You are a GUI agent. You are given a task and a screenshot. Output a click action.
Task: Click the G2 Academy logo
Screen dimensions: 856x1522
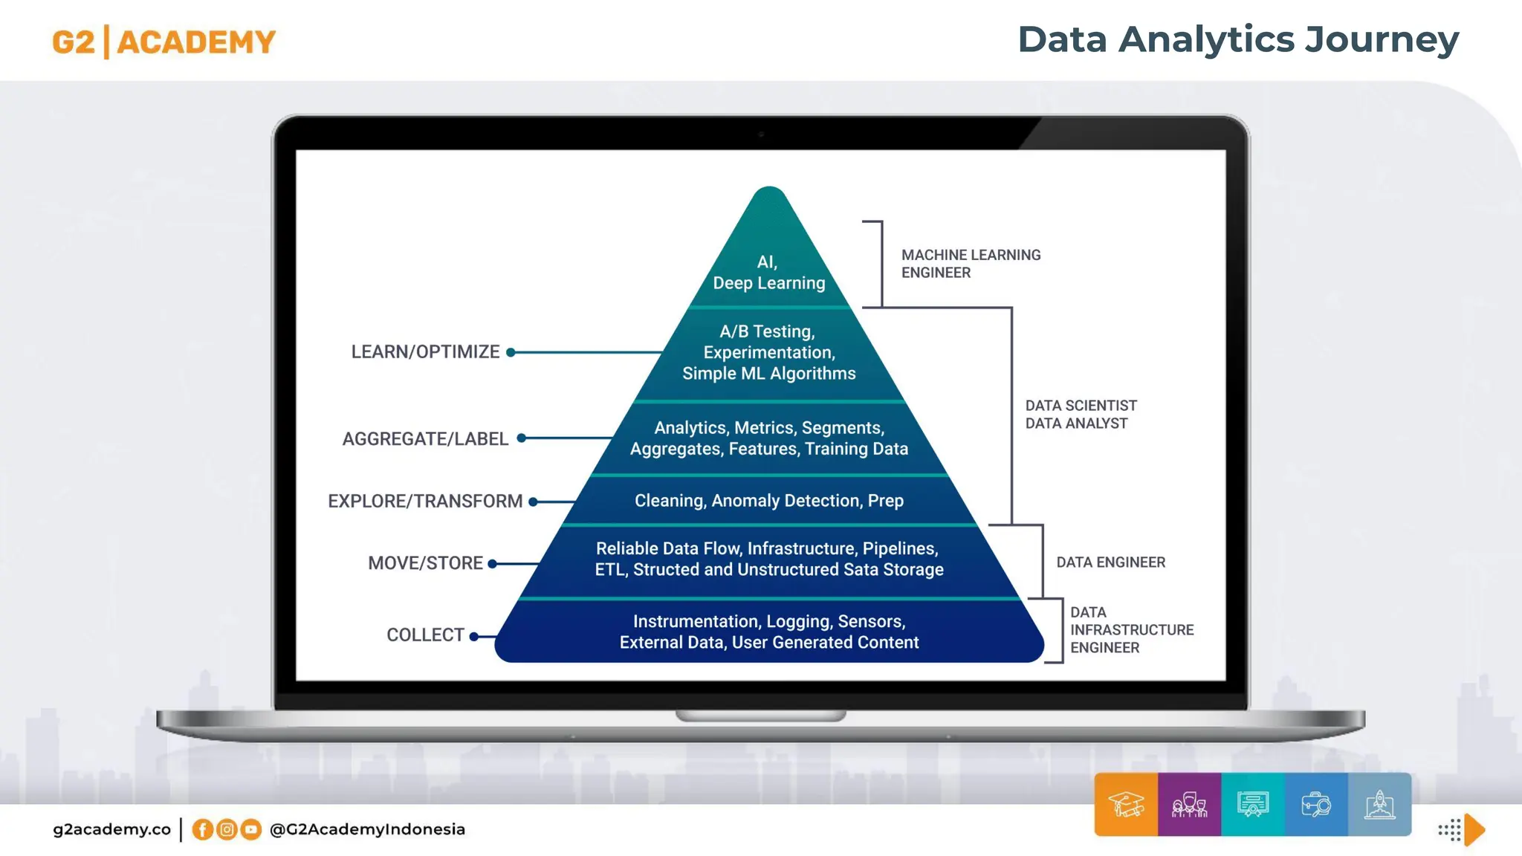click(163, 42)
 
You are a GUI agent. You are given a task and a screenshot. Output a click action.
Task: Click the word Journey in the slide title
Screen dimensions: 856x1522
click(1382, 40)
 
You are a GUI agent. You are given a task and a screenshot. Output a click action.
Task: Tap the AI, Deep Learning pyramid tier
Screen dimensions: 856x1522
click(768, 272)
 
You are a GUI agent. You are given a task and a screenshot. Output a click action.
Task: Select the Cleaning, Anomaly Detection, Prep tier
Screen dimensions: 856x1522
click(768, 501)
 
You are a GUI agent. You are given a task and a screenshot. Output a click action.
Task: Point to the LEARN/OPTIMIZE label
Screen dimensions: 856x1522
click(425, 351)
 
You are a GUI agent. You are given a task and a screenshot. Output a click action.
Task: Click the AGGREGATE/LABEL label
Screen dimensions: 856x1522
click(425, 438)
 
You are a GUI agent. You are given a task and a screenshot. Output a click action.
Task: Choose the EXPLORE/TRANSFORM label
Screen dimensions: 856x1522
click(425, 501)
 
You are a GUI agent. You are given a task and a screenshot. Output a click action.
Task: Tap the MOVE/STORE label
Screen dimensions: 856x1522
click(425, 563)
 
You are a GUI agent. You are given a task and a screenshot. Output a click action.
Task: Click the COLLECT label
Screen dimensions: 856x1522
click(425, 635)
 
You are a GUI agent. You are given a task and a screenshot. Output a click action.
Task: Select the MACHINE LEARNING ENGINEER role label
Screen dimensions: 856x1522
click(971, 264)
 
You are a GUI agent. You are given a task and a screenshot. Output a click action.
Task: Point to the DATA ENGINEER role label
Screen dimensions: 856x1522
click(1110, 562)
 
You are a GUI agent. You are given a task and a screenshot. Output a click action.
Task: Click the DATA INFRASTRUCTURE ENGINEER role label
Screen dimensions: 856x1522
click(1131, 630)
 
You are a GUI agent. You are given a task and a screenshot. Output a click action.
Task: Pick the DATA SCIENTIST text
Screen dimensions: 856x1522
click(1081, 406)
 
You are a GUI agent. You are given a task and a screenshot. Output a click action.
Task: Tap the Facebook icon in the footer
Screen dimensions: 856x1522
click(202, 829)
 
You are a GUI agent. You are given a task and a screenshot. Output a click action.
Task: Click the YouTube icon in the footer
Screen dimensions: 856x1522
click(251, 829)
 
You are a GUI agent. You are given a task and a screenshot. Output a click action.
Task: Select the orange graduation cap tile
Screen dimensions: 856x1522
click(1126, 805)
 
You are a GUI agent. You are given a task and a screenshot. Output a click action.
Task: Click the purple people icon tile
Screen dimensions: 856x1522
click(1189, 805)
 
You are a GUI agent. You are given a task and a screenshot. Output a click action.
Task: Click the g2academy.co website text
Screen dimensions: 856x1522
click(111, 829)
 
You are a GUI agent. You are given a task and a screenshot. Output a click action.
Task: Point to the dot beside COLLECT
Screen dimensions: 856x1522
click(473, 636)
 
